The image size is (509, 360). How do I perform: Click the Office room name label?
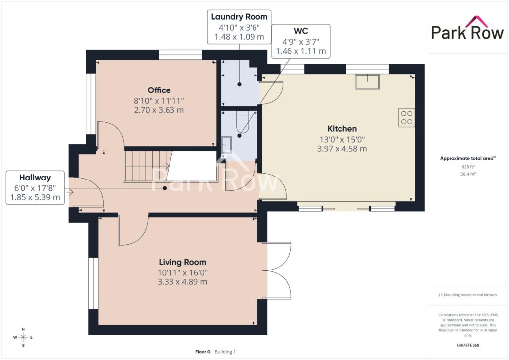159,90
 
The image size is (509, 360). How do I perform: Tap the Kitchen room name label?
342,129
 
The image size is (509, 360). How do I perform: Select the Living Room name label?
182,262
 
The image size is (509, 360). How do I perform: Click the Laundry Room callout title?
239,17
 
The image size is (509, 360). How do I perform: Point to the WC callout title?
301,31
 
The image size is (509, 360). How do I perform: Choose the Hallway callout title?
35,178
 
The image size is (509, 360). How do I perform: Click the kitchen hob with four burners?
407,117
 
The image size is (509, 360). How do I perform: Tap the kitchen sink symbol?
367,81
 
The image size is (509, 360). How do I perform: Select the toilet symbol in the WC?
242,122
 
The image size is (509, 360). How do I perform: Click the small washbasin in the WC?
226,145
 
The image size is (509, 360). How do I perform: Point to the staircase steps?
148,167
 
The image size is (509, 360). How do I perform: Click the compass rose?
23,337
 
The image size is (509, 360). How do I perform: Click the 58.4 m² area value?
468,174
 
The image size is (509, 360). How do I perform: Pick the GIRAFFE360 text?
468,345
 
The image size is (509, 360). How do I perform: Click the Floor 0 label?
203,352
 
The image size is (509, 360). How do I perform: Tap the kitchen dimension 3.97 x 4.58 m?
342,149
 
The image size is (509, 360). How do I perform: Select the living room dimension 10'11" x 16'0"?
182,272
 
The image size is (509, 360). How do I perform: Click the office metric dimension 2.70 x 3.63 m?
159,110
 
